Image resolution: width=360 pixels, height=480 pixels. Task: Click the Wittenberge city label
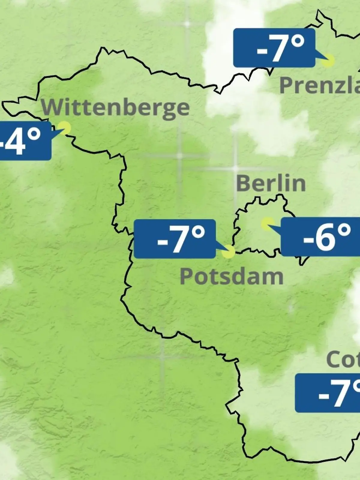tap(115, 108)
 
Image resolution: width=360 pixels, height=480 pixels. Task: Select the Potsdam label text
tap(231, 277)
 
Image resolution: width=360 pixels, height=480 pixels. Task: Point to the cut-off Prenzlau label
tap(320, 85)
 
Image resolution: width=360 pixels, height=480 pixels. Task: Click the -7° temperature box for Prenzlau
tap(274, 48)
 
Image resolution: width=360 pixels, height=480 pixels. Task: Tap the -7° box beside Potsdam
tap(175, 239)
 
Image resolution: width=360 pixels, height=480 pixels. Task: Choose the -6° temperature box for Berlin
tap(320, 237)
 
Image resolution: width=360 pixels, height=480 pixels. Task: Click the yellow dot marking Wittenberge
tap(64, 128)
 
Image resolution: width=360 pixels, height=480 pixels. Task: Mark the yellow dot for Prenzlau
tap(328, 60)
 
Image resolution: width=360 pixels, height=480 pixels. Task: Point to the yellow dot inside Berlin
tap(267, 223)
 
